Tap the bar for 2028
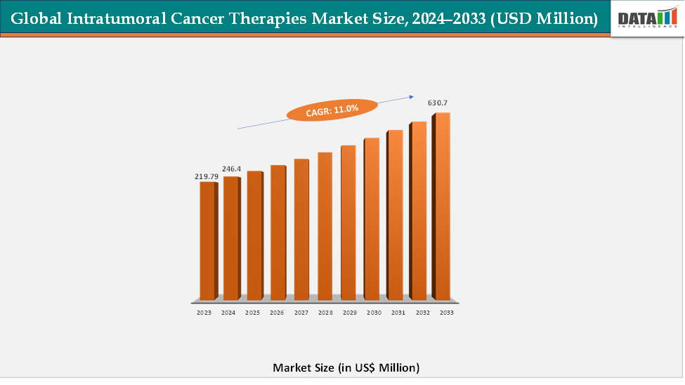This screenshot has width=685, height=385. [324, 226]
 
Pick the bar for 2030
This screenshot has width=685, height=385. [371, 218]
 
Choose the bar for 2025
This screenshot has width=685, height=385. [254, 235]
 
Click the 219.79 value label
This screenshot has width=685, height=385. [207, 176]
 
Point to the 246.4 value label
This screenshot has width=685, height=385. [231, 169]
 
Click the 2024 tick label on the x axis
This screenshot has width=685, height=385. [228, 312]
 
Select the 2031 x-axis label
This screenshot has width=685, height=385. [398, 312]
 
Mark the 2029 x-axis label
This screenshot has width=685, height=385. [349, 312]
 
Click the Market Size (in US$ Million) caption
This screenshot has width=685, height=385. [346, 367]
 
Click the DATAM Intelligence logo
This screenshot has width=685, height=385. [646, 18]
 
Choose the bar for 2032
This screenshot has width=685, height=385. [418, 210]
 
